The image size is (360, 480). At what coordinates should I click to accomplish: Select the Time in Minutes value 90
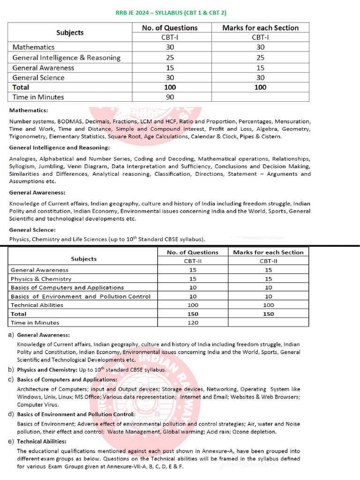point(170,97)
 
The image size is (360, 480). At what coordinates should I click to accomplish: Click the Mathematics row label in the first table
point(33,47)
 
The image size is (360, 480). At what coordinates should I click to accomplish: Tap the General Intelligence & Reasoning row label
point(66,58)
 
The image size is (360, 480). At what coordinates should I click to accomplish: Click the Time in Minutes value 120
point(193,322)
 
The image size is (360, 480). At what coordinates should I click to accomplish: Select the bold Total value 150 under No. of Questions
point(193,314)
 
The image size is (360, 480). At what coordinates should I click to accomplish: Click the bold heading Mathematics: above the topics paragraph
point(29,111)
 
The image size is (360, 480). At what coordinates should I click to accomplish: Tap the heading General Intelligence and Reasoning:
point(59,148)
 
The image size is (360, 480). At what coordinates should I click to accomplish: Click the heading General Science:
point(32,230)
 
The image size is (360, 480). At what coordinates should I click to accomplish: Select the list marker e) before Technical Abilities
point(11,441)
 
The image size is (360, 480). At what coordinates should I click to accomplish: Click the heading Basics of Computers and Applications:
point(60,379)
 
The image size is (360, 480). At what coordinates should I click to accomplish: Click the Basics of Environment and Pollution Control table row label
point(81,296)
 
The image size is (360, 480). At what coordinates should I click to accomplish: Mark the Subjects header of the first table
point(70,33)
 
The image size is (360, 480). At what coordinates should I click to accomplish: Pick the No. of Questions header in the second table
point(193,252)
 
